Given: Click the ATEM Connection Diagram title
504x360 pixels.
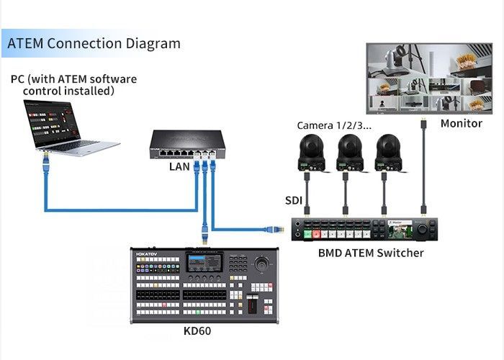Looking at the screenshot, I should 94,43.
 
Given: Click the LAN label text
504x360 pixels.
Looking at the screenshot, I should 179,167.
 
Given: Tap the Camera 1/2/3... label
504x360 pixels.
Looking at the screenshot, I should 335,125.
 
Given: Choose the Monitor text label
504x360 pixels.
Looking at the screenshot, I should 461,123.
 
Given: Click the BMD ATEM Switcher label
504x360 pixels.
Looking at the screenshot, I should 371,253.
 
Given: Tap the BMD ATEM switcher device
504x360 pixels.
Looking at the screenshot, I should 363,230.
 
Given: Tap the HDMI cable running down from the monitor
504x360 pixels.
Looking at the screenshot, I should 424,166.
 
